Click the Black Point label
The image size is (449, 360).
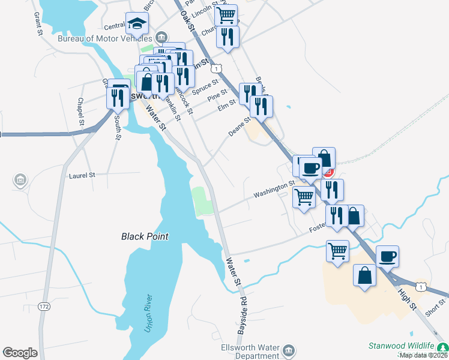145,236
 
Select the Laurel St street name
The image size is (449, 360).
82,175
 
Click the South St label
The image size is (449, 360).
118,128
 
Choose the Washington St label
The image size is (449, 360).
274,190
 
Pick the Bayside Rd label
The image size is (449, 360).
243,316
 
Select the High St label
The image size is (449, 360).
407,297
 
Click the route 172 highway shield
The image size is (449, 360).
43,307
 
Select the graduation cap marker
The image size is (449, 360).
137,24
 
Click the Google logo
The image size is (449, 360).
20,353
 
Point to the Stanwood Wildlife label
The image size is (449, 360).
400,347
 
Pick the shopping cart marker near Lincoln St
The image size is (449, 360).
226,15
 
